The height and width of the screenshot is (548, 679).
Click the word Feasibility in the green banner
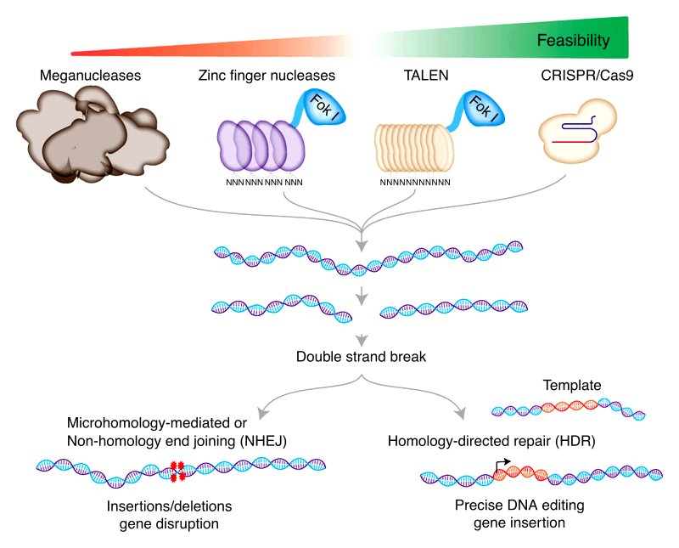click(573, 40)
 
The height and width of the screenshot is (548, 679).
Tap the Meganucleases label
click(90, 76)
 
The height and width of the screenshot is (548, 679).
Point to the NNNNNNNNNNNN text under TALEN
click(414, 182)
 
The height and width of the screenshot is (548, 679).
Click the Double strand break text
click(361, 357)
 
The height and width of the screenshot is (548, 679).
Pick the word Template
click(572, 386)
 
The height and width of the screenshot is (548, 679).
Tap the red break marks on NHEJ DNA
click(177, 466)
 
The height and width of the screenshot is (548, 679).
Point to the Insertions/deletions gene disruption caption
click(169, 515)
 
